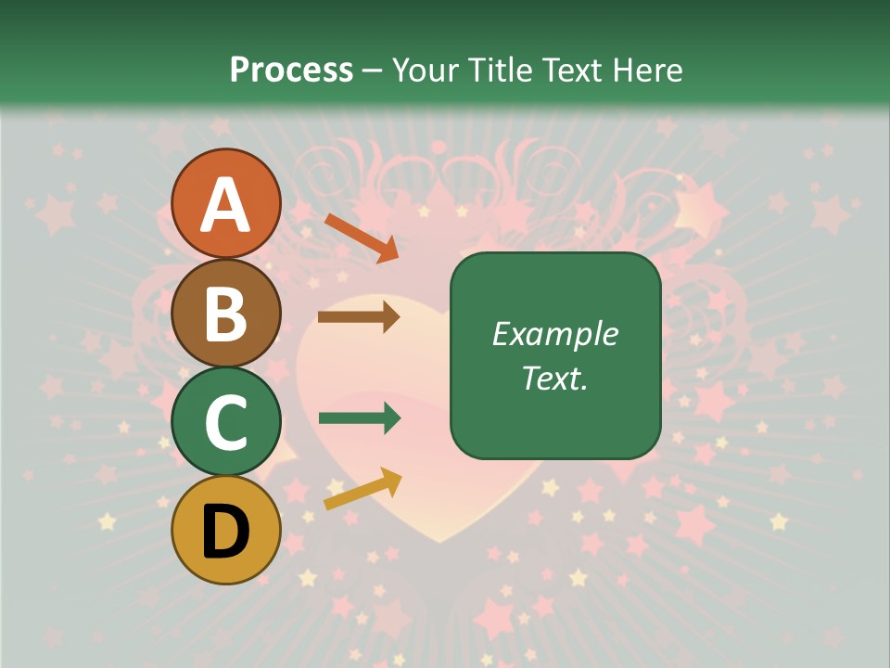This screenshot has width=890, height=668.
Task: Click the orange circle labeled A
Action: coord(225,203)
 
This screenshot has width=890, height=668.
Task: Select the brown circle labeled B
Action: coord(225,312)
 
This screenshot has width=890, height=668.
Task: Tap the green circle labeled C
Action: coord(225,421)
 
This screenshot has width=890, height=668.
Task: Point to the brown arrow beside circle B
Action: coord(359,317)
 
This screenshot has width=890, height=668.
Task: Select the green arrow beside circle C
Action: coord(359,418)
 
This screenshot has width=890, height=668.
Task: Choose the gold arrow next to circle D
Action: coord(362,489)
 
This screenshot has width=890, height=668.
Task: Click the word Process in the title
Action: coord(291,70)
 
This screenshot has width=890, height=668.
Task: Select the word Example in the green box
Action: coord(554,334)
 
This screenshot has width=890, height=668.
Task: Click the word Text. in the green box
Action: coord(554,378)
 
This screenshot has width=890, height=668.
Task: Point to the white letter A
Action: coord(225,205)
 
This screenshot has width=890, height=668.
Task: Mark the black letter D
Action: coord(225,532)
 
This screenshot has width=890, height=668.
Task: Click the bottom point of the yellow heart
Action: coord(443,542)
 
